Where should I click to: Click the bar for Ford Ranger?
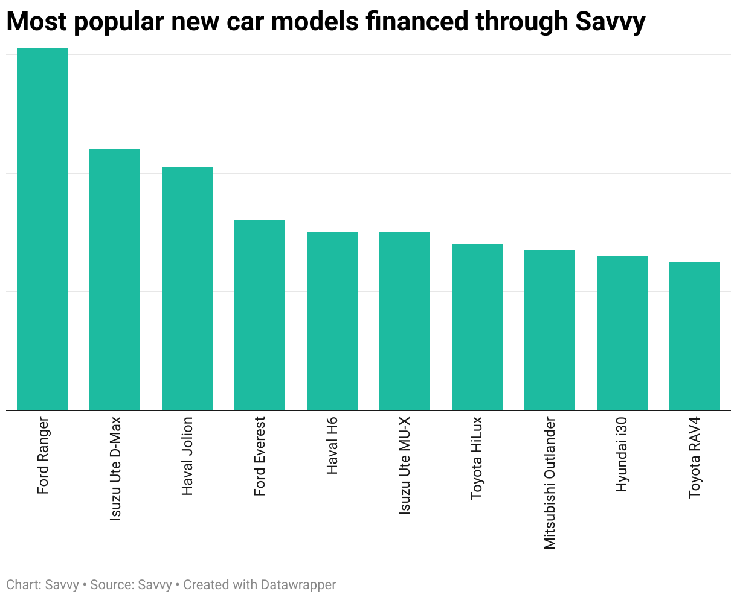42,229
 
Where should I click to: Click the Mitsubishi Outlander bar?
550,330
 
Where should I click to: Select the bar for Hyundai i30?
622,333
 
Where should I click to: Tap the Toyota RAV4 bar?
695,336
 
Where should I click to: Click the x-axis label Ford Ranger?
43,456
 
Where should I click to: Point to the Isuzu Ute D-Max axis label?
115,468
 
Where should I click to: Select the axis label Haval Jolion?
188,456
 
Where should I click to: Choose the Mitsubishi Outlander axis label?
550,483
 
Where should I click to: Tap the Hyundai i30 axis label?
622,455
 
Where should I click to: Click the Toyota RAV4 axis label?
695,458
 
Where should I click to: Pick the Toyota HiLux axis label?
477,458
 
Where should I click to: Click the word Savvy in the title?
610,22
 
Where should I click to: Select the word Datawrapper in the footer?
298,585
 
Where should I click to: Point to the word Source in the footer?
111,585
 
